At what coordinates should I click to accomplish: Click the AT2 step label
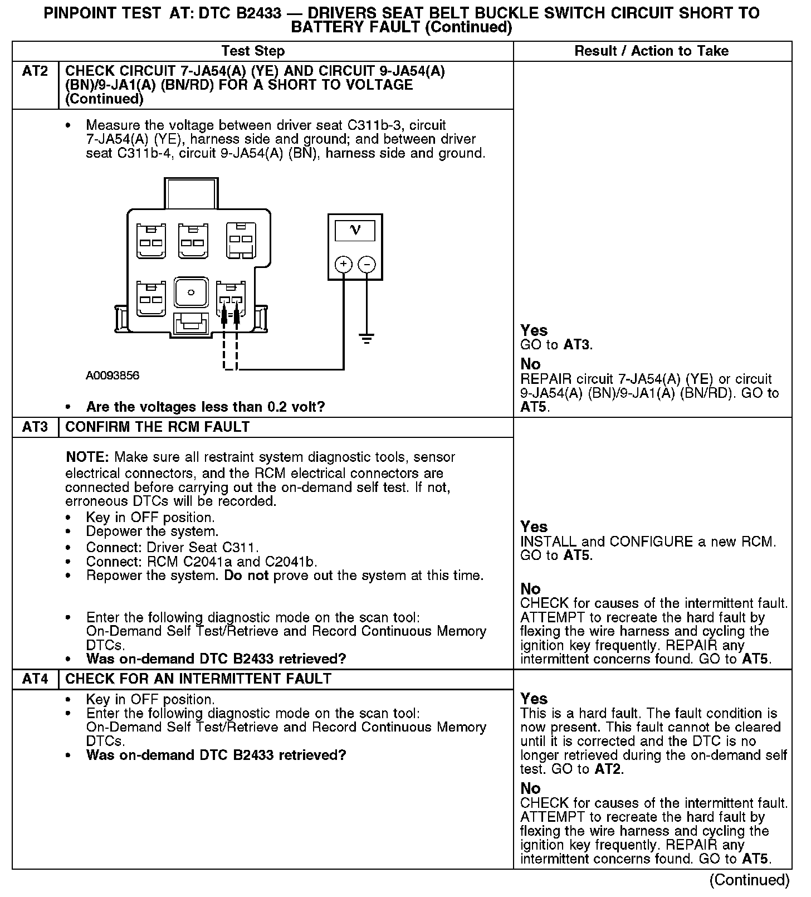[35, 71]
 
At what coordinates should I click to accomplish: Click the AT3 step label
[35, 427]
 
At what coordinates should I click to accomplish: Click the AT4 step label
[35, 679]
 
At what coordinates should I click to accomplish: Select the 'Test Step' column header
[253, 51]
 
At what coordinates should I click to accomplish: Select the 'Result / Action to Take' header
[651, 51]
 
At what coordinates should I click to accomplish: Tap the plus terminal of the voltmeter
[344, 264]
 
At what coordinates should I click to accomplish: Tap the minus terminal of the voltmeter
[367, 264]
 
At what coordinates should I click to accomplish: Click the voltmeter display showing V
[355, 230]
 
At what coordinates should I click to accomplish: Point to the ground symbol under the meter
[367, 338]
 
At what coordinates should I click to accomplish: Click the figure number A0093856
[113, 376]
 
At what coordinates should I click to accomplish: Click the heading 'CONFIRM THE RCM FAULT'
[158, 427]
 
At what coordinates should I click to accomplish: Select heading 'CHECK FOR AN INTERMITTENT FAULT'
[198, 679]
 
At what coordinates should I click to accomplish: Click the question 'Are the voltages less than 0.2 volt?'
[206, 407]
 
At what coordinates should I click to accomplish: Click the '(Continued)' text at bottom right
[749, 880]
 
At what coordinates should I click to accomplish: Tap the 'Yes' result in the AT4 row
[534, 699]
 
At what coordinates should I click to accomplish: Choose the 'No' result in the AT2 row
[530, 364]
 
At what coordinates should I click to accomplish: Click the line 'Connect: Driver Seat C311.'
[172, 547]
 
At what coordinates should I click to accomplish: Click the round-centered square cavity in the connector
[190, 292]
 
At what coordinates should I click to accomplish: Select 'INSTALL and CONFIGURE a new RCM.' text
[648, 542]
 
